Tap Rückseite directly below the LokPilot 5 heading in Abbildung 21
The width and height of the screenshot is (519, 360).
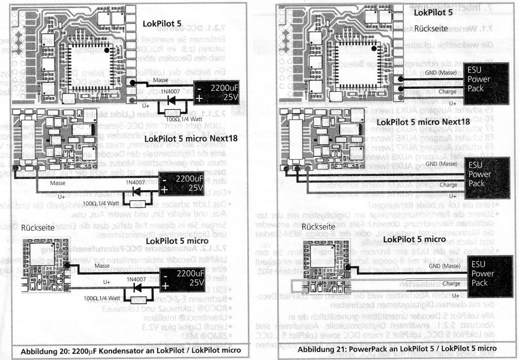tap(431, 29)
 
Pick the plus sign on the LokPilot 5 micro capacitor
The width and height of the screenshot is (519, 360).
tap(166, 284)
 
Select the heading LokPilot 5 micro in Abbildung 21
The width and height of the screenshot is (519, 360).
tap(415, 239)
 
